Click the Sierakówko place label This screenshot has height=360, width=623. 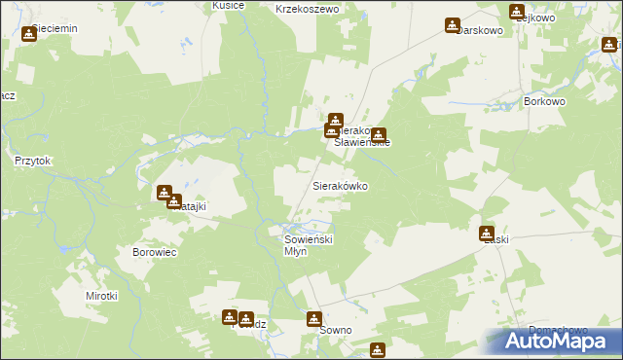pos(340,185)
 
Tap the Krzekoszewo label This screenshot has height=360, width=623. pos(306,9)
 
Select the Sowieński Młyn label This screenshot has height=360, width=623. pos(309,244)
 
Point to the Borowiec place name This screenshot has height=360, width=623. pos(152,251)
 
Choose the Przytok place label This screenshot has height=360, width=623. pos(32,161)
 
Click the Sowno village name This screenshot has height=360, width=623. pos(335,331)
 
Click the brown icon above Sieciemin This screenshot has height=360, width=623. pos(28,34)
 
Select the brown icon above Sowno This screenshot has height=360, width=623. pos(314,318)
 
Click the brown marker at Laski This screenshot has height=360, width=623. pos(486,234)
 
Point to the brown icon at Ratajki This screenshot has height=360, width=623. pos(165,193)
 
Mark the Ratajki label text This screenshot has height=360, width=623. pos(191,206)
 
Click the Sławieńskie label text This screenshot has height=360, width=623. pos(362,142)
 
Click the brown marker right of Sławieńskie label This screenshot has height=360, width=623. pos(378,135)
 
